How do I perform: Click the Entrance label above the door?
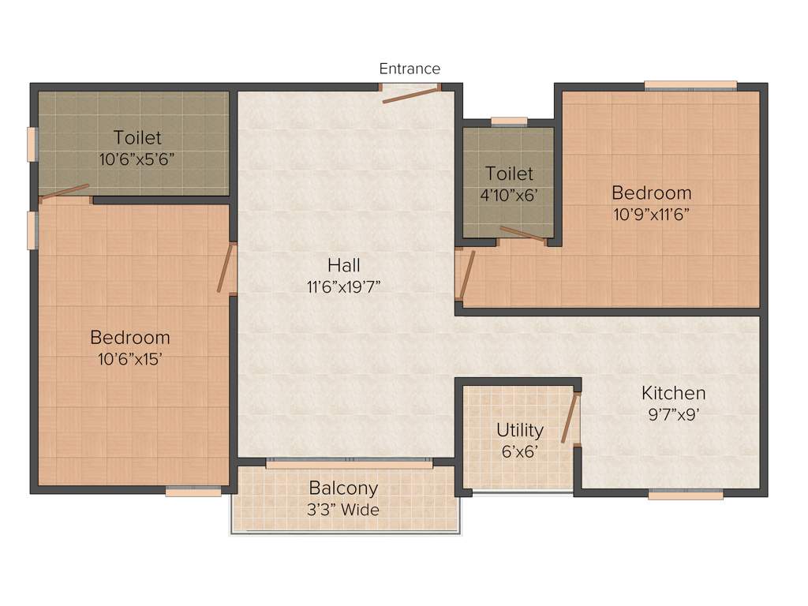pyautogui.click(x=410, y=69)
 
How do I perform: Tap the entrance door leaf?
pyautogui.click(x=410, y=95)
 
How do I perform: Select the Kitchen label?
pyautogui.click(x=673, y=393)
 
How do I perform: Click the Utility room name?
pyautogui.click(x=519, y=430)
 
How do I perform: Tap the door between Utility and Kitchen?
pyautogui.click(x=570, y=418)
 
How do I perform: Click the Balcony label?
pyautogui.click(x=343, y=488)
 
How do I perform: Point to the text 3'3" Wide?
pyautogui.click(x=343, y=510)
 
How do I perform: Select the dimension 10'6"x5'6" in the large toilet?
pyautogui.click(x=137, y=159)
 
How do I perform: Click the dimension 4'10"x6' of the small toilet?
pyautogui.click(x=509, y=195)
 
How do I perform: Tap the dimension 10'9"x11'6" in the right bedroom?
pyautogui.click(x=651, y=214)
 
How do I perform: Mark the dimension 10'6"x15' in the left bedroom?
pyautogui.click(x=129, y=360)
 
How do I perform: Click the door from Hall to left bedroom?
pyautogui.click(x=227, y=268)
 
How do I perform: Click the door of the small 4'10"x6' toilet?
pyautogui.click(x=522, y=234)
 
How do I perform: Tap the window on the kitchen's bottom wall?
pyautogui.click(x=686, y=496)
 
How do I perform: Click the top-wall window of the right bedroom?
pyautogui.click(x=690, y=85)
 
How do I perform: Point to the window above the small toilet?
pyautogui.click(x=509, y=122)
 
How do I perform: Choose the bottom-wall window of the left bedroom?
pyautogui.click(x=193, y=492)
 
